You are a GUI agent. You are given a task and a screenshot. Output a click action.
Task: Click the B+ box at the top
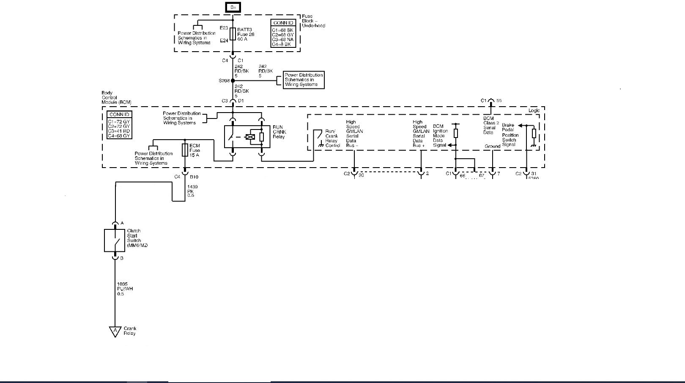233,7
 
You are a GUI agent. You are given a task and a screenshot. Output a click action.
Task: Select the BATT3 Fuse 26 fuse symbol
233,34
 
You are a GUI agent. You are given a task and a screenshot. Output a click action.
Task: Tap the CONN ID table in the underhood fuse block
283,33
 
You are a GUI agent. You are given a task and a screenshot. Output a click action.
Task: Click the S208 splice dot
233,80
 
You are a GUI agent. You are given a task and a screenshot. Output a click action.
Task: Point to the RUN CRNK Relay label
279,132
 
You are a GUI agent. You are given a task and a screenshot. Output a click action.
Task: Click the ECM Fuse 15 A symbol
185,150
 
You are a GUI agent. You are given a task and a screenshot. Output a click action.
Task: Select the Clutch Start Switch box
115,240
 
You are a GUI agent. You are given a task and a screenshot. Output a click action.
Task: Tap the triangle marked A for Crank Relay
115,331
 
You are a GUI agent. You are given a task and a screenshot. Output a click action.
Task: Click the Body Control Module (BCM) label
116,98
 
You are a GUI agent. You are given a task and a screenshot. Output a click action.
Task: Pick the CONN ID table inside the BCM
119,125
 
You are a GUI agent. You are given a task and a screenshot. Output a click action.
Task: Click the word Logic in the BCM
534,110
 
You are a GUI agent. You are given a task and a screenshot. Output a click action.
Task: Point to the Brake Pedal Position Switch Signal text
510,135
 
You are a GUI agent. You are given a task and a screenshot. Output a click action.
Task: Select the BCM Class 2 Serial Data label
490,125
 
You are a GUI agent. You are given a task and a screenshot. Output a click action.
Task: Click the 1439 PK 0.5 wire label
192,191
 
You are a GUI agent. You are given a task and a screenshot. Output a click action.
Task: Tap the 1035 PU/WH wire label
125,289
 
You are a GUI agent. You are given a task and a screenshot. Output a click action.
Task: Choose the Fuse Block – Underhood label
313,21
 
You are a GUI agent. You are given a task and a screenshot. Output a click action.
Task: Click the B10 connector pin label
194,177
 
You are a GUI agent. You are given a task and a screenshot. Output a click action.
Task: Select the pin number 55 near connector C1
499,101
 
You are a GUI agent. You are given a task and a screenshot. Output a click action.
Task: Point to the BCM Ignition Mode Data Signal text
439,135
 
